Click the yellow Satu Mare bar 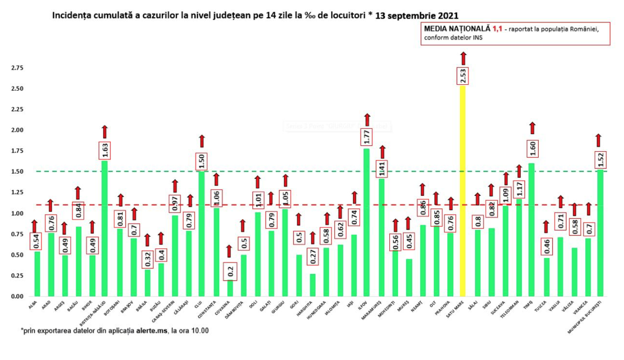click(463, 192)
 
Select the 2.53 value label click(463, 76)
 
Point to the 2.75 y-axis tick click(17, 68)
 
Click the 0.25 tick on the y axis click(17, 276)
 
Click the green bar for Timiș click(531, 229)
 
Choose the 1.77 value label click(367, 138)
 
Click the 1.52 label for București click(600, 158)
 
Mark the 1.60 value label click(532, 148)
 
